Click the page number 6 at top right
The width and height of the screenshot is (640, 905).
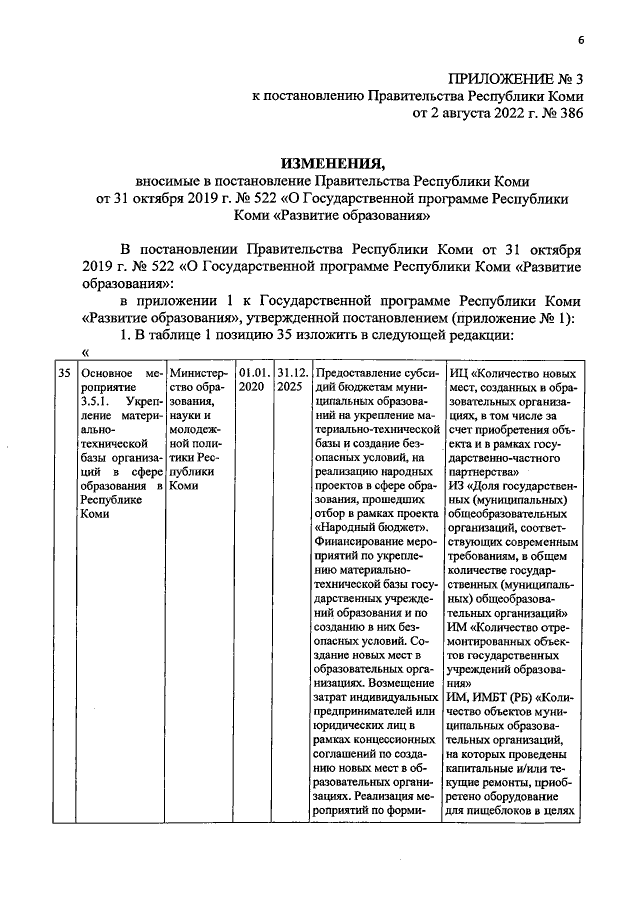click(x=579, y=38)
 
